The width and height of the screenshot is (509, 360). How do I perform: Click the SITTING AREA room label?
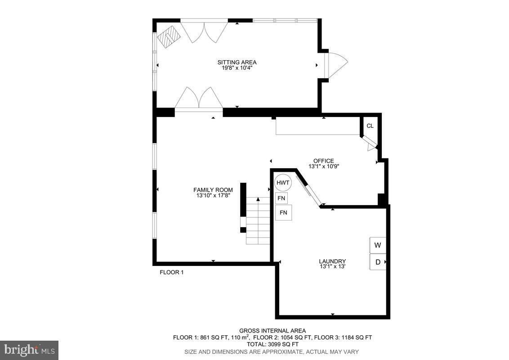click(x=237, y=62)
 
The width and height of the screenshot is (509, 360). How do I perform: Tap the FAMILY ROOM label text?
click(x=213, y=190)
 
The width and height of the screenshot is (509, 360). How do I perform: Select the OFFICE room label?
click(x=323, y=161)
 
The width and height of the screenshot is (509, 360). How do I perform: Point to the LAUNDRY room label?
click(x=332, y=261)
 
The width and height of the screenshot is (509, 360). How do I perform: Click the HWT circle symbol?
click(x=283, y=183)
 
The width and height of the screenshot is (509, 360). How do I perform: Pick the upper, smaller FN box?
click(x=281, y=198)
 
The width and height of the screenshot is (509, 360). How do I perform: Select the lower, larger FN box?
click(x=283, y=212)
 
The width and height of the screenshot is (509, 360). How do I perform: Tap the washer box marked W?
click(x=378, y=245)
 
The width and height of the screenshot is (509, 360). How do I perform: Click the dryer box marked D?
click(x=378, y=262)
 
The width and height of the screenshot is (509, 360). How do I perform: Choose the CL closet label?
click(x=370, y=126)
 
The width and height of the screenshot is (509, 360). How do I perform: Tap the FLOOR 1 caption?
click(x=172, y=272)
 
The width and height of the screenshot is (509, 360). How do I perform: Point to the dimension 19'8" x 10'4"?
click(x=237, y=68)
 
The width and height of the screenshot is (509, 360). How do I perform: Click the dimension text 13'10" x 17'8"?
click(x=213, y=195)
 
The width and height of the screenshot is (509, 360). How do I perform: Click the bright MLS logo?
click(x=29, y=350)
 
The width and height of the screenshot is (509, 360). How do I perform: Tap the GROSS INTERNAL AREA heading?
click(x=272, y=331)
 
